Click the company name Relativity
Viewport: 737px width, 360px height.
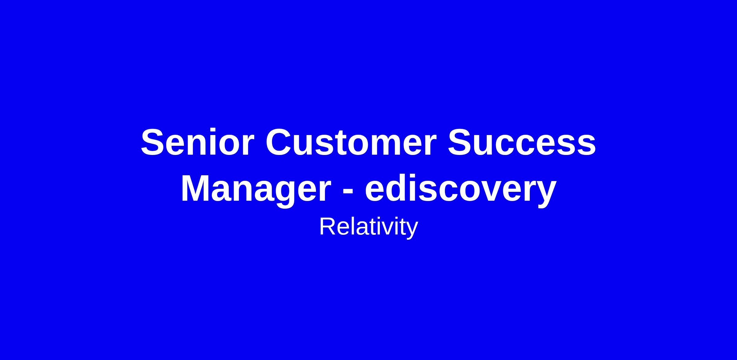(x=368, y=228)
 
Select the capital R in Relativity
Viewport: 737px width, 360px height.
(x=328, y=226)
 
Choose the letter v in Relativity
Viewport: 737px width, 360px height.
(x=390, y=229)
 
